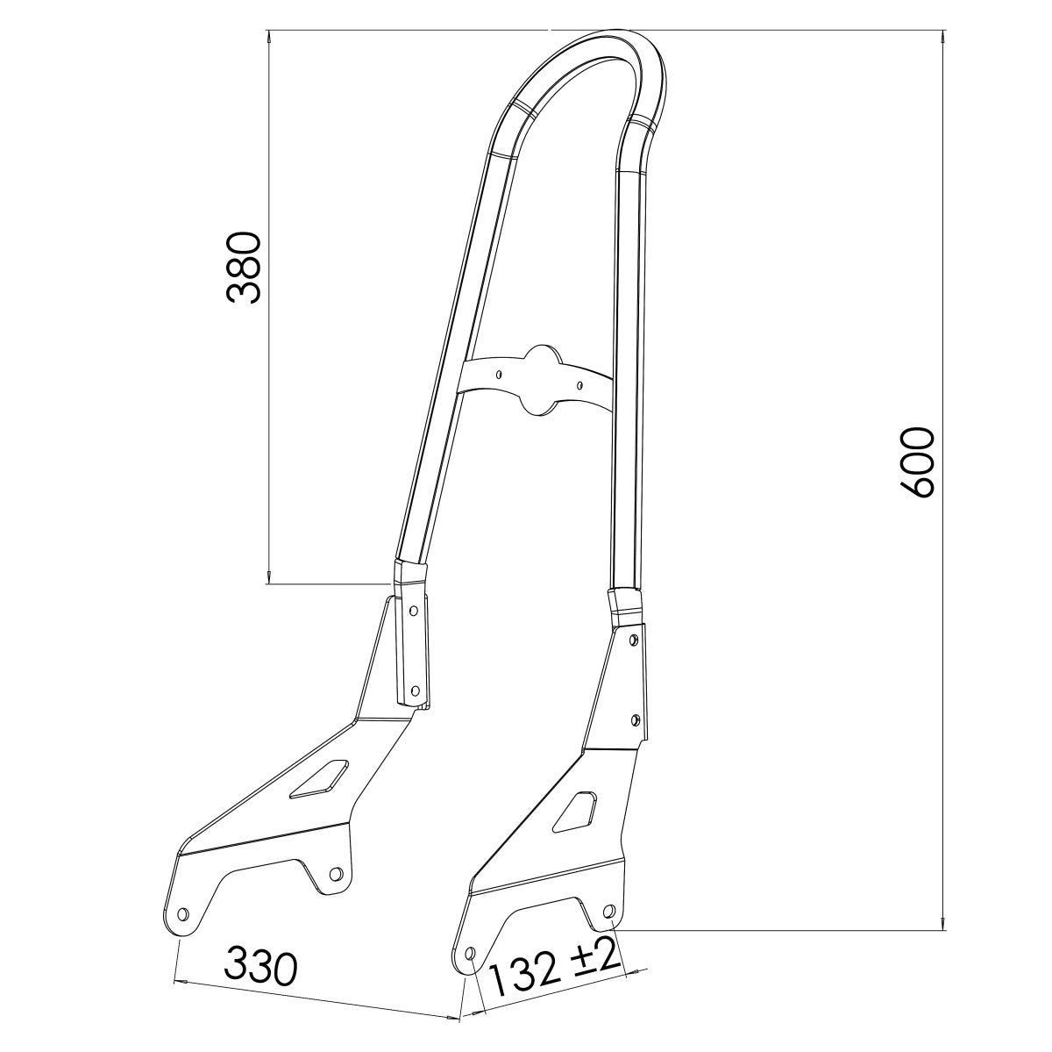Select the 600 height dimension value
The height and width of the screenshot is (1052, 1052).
pyautogui.click(x=918, y=463)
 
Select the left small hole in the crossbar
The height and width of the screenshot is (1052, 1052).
pyautogui.click(x=499, y=373)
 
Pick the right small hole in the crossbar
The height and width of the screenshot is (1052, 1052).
pyautogui.click(x=579, y=383)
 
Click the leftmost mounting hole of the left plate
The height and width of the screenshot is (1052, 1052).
pyautogui.click(x=183, y=914)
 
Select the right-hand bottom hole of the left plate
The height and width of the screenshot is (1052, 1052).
pyautogui.click(x=333, y=874)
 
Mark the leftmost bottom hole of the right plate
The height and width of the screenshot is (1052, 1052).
pyautogui.click(x=469, y=953)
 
